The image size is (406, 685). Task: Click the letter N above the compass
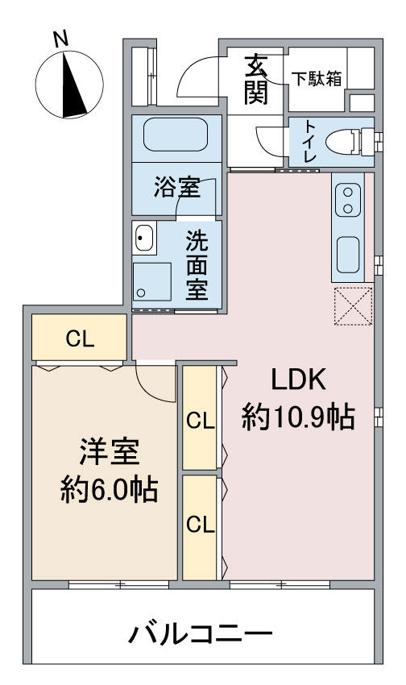(61, 39)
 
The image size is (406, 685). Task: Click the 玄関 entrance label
(256, 81)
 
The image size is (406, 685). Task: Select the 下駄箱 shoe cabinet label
(317, 79)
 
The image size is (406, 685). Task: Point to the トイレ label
(310, 141)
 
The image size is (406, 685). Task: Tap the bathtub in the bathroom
(176, 135)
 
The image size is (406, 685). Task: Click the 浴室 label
(176, 187)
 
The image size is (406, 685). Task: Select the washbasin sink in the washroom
(144, 238)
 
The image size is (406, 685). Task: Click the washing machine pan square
(151, 282)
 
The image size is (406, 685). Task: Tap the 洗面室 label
(197, 265)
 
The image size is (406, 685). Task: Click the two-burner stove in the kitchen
(348, 200)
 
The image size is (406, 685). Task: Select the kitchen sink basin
(348, 255)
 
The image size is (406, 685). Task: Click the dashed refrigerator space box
(353, 305)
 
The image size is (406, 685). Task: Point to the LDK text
(298, 380)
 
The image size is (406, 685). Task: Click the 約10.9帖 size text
(298, 417)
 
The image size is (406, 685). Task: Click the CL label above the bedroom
(80, 339)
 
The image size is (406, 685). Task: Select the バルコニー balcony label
(201, 634)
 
